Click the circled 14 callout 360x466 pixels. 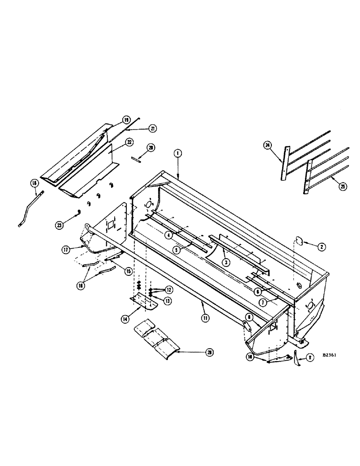(x=126, y=319)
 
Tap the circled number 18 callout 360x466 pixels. (x=34, y=184)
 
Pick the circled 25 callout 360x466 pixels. (x=343, y=186)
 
